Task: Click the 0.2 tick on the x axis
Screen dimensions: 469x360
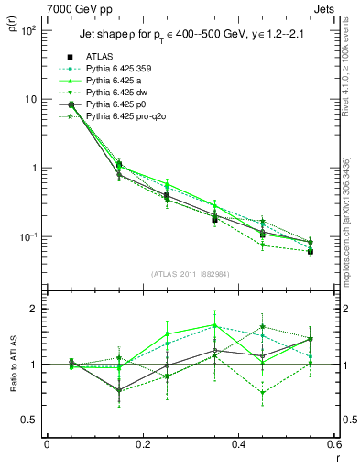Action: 142,444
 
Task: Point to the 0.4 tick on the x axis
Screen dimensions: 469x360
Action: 238,444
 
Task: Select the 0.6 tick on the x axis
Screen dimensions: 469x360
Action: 333,444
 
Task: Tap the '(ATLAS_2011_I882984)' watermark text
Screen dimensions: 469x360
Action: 191,274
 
